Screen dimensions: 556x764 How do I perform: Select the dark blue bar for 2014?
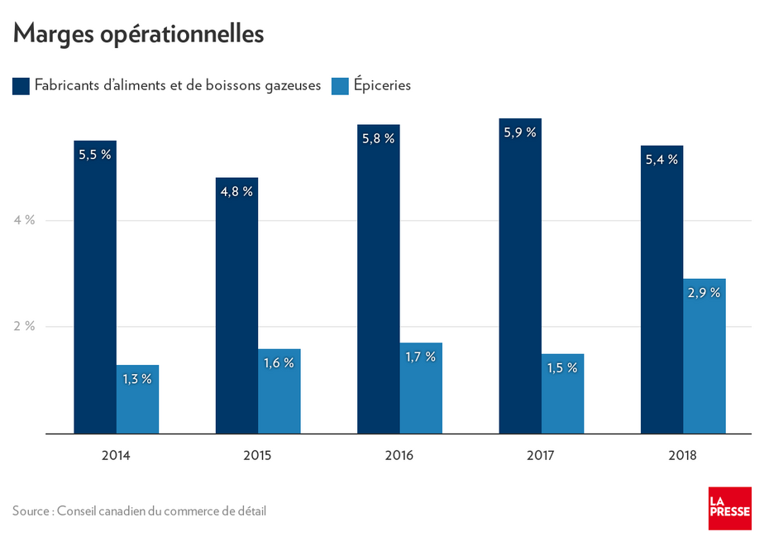95,290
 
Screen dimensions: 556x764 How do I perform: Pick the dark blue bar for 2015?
236,314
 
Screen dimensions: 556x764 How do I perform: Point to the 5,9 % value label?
520,132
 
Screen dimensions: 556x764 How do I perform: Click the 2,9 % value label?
704,292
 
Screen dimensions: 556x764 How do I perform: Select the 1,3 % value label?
137,379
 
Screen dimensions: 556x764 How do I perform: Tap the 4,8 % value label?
236,191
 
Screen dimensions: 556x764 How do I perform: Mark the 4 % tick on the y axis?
24,220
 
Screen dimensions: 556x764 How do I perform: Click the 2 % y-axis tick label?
24,326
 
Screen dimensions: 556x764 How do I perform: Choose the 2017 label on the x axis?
541,455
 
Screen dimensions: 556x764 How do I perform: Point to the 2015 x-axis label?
257,455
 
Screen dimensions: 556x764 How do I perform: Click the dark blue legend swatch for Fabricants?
21,85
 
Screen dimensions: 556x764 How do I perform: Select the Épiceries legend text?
382,85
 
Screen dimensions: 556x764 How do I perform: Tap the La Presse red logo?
728,509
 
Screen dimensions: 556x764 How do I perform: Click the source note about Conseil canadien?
139,510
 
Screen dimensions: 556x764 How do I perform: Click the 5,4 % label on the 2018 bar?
661,159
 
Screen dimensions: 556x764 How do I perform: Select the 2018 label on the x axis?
683,455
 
